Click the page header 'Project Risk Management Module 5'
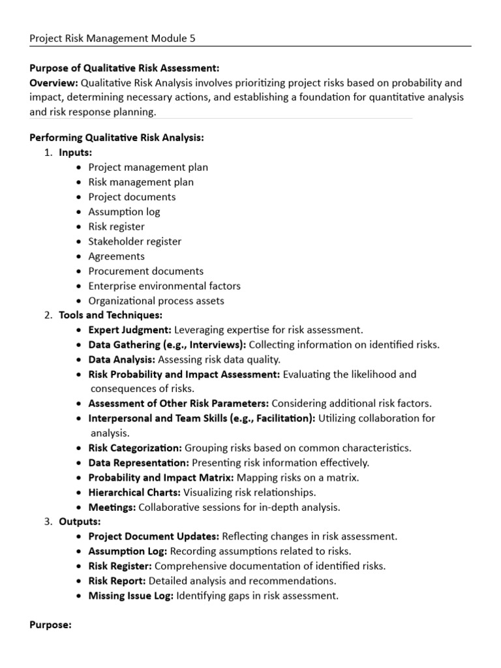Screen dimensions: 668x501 112,38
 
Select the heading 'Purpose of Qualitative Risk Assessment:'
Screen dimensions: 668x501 124,68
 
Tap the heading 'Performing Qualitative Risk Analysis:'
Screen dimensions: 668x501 117,138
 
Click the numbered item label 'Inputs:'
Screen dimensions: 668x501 76,153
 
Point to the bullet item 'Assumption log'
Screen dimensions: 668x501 124,211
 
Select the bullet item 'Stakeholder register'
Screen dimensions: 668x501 135,241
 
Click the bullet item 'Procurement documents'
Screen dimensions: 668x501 146,271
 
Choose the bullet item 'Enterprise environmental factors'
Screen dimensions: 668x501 164,286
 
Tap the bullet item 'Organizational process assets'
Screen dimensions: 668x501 156,301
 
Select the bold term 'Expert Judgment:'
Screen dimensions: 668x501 130,330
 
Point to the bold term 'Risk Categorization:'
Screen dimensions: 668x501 135,448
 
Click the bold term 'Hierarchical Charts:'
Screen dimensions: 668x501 135,493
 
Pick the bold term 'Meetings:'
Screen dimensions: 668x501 112,507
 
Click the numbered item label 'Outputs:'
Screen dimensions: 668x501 80,522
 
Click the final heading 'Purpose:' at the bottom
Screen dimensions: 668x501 50,625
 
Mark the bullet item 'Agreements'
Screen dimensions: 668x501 116,256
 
